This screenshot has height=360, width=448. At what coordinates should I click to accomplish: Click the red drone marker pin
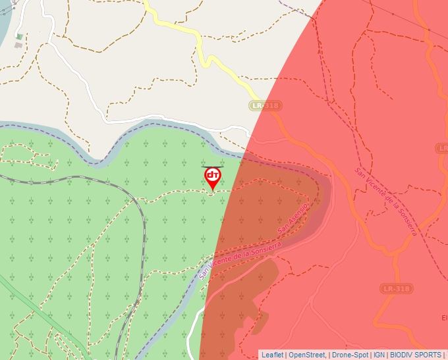click(212, 177)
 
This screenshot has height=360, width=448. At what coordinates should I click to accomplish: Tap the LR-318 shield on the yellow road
click(266, 105)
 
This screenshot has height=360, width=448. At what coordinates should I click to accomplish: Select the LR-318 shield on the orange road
click(397, 289)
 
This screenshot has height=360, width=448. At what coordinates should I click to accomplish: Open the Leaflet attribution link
click(272, 355)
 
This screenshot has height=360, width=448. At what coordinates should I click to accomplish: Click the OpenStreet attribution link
click(307, 355)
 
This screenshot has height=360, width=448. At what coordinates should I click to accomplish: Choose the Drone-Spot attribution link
click(350, 355)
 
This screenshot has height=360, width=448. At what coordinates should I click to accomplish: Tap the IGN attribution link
click(379, 355)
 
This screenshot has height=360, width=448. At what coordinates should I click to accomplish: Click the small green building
click(19, 37)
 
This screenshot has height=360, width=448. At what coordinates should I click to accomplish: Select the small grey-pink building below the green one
click(18, 45)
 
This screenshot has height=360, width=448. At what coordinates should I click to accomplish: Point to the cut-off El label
click(444, 318)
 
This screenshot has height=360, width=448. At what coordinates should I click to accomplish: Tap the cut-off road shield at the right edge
click(443, 149)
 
